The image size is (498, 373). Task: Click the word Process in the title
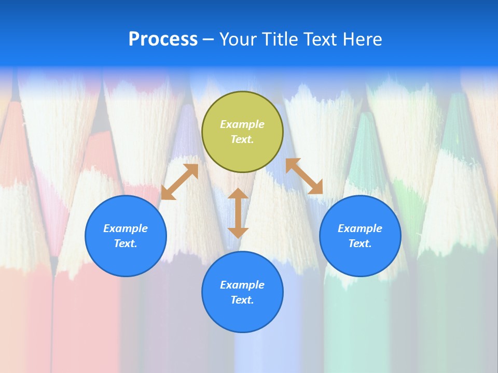(x=163, y=39)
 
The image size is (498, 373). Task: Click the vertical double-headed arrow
(x=238, y=213)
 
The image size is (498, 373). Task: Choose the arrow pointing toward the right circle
(x=305, y=176)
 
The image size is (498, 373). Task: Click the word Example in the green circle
(x=242, y=124)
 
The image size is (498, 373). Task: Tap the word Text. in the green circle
(x=242, y=139)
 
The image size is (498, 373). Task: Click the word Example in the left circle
(x=126, y=228)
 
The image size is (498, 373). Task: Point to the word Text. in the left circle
(x=126, y=243)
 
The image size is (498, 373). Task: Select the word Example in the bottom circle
(x=242, y=285)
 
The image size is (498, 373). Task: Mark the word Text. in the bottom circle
(x=242, y=300)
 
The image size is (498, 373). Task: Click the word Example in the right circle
(x=360, y=228)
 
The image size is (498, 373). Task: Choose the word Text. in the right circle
(x=360, y=243)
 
